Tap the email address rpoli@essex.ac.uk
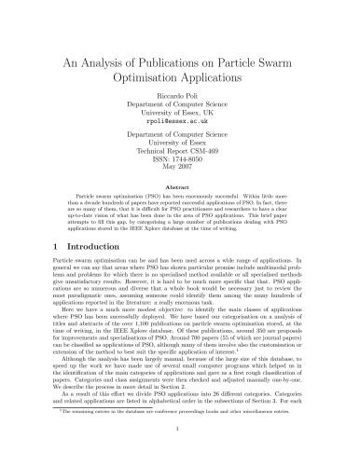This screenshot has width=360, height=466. [180, 132]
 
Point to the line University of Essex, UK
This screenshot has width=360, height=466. [180, 123]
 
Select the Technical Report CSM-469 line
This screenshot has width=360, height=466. [180, 166]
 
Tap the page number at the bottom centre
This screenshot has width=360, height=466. [180, 455]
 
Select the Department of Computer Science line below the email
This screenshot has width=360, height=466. [180, 147]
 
